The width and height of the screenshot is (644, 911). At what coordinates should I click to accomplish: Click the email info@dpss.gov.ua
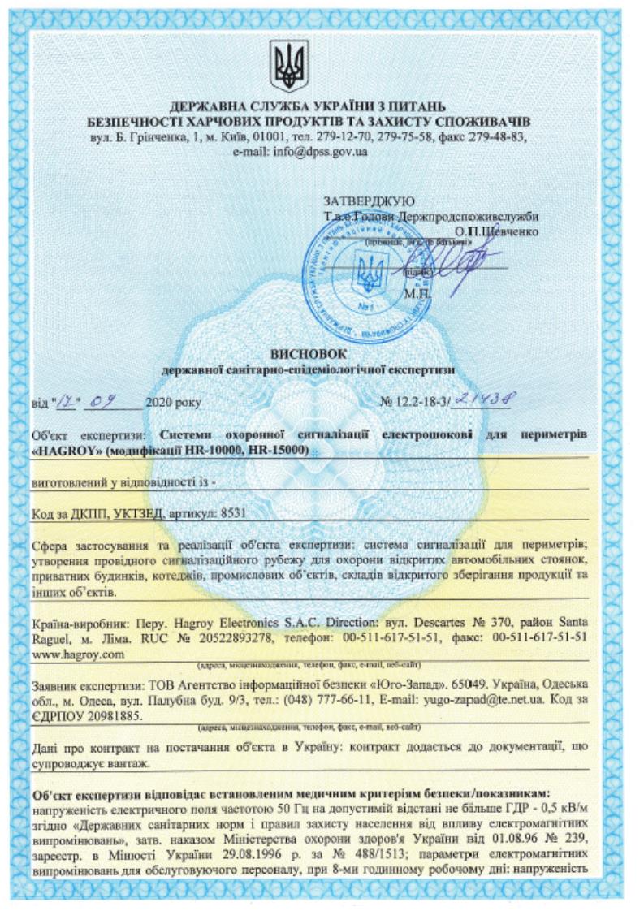[x=322, y=152]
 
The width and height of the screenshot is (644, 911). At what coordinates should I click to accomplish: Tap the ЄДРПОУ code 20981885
[x=114, y=712]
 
